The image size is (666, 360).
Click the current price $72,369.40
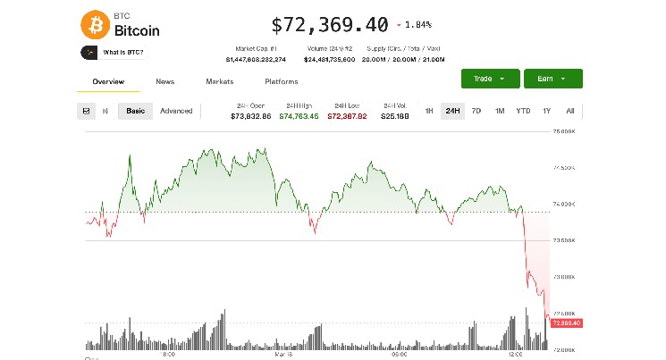pyautogui.click(x=329, y=24)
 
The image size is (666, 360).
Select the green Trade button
pyautogui.click(x=488, y=79)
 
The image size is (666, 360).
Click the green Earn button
pyautogui.click(x=552, y=79)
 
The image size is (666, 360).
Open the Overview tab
pyautogui.click(x=108, y=81)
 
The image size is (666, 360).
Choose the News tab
pyautogui.click(x=164, y=81)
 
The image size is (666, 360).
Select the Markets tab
pyautogui.click(x=219, y=81)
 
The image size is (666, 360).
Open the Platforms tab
pyautogui.click(x=281, y=81)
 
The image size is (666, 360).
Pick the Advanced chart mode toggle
pyautogui.click(x=176, y=111)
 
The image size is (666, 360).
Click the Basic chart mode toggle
pyautogui.click(x=136, y=111)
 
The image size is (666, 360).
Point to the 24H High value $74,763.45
pyautogui.click(x=299, y=116)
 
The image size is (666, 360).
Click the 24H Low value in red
pyautogui.click(x=348, y=116)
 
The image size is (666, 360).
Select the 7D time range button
pyautogui.click(x=476, y=111)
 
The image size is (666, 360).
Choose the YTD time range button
pyautogui.click(x=523, y=111)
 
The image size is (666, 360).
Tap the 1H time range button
pyautogui.click(x=429, y=111)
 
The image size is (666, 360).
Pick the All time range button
pyautogui.click(x=569, y=111)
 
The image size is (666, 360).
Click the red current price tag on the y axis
pyautogui.click(x=567, y=322)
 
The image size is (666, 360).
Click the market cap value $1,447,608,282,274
pyautogui.click(x=257, y=59)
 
